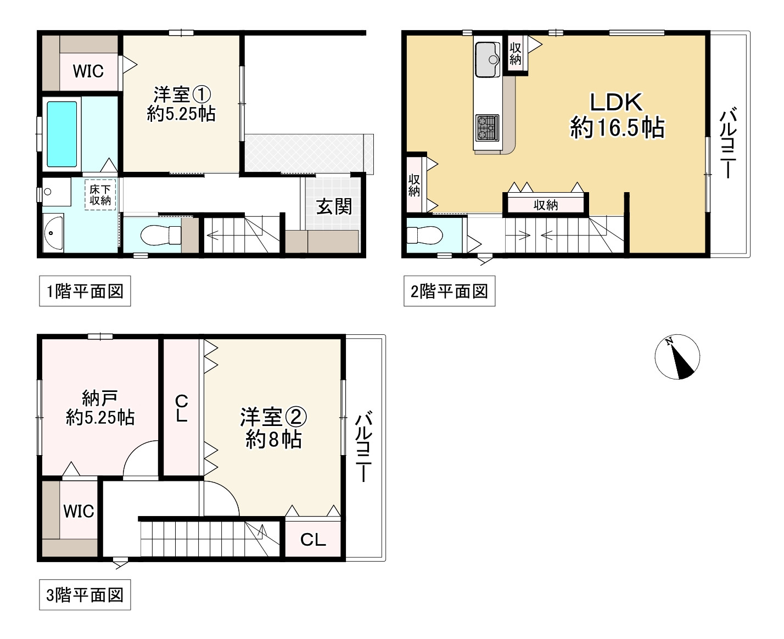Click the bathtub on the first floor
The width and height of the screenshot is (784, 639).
pos(61,134)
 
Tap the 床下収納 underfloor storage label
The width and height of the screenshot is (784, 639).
pos(100,195)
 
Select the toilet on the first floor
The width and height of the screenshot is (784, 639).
pos(160,236)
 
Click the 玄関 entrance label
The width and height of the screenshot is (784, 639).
pos(334,207)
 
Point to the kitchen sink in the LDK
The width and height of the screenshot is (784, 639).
pos(486,59)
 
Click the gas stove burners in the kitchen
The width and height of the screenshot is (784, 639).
pos(486,128)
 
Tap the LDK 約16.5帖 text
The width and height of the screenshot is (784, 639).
pos(617,115)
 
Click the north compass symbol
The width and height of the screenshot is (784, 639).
pos(677,357)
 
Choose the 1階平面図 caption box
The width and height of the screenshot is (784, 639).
pos(85,291)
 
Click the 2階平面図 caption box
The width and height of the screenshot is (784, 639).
pos(449,291)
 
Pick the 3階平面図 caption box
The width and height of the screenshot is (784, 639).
pos(85,595)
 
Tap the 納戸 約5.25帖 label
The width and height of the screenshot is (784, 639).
pos(100,408)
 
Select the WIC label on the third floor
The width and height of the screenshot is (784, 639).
pos(79,511)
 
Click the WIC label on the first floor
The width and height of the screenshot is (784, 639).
pos(88,71)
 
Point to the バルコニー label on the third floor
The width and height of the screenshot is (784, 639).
pos(363,448)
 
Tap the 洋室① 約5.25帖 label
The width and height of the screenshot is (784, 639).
pos(181,104)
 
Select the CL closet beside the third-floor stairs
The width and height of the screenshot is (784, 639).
pos(313,540)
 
